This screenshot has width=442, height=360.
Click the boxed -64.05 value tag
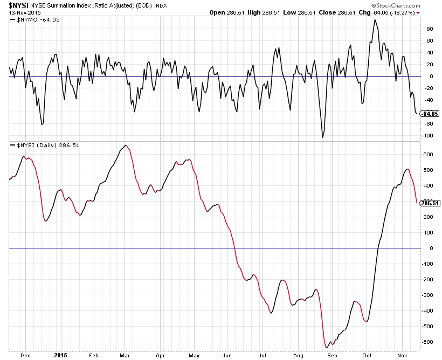430,114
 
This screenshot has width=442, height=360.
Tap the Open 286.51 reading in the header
225,12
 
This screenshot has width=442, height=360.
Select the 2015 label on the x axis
60,356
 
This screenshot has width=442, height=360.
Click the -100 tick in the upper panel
429,135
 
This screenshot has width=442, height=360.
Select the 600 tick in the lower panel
429,154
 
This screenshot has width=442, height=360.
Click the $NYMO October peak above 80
375,20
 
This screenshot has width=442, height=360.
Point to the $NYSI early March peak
126,146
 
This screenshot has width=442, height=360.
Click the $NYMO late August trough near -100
323,137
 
